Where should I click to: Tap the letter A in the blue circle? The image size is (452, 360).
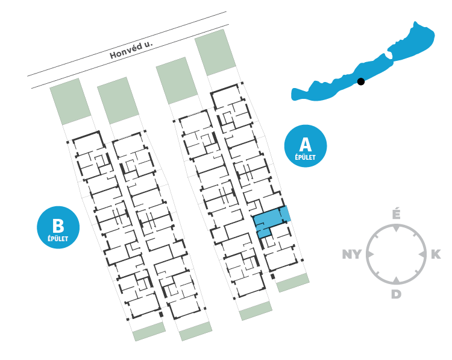pyautogui.click(x=306, y=144)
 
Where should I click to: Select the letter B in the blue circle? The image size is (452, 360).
pyautogui.click(x=58, y=226)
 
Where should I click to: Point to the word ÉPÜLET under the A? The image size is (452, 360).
pyautogui.click(x=306, y=157)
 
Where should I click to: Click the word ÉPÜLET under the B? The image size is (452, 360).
pyautogui.click(x=58, y=239)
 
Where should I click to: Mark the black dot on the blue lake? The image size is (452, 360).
pyautogui.click(x=360, y=81)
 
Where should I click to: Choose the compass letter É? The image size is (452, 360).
pyautogui.click(x=396, y=214)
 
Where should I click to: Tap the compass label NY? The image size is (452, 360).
pyautogui.click(x=353, y=254)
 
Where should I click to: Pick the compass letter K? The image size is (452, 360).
pyautogui.click(x=436, y=254)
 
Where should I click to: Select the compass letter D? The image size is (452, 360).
pyautogui.click(x=396, y=294)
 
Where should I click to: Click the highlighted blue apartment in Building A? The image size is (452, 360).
pyautogui.click(x=269, y=221)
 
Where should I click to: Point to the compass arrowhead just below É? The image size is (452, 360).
pyautogui.click(x=396, y=229)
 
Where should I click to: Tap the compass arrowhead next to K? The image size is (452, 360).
pyautogui.click(x=421, y=254)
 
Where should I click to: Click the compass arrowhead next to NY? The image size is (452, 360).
pyautogui.click(x=371, y=254)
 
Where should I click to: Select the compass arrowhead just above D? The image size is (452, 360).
pyautogui.click(x=396, y=279)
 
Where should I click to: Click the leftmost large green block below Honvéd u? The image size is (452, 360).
pyautogui.click(x=70, y=101)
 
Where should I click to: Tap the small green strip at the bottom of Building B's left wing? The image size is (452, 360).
pyautogui.click(x=149, y=331)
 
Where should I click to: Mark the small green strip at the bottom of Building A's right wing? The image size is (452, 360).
pyautogui.click(x=293, y=282)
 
